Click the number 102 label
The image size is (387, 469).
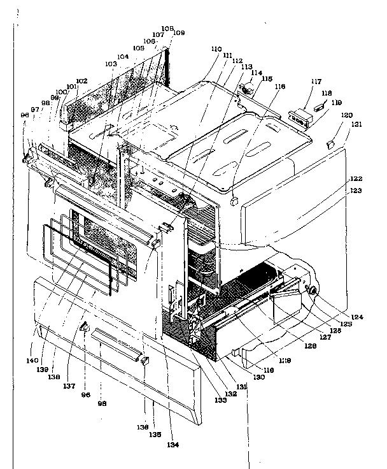[81, 82]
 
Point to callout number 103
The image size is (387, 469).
[111, 65]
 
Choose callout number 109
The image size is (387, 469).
[179, 32]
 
